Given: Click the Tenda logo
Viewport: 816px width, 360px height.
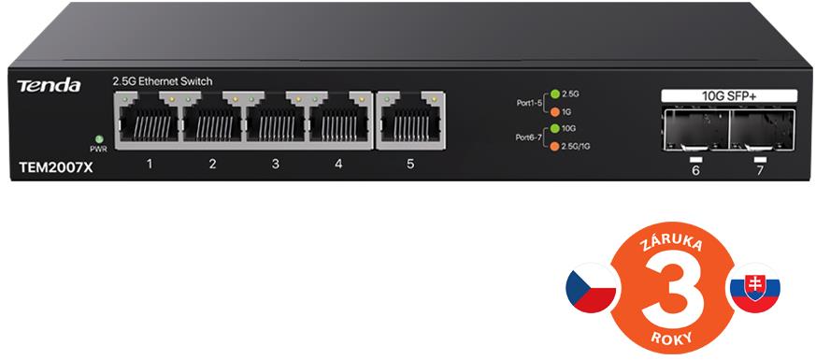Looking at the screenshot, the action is tap(49, 85).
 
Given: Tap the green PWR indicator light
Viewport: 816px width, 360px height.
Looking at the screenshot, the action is tap(98, 139).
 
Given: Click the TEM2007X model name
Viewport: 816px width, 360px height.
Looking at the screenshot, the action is tap(56, 167).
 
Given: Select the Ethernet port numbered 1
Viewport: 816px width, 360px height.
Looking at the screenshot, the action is tap(149, 119).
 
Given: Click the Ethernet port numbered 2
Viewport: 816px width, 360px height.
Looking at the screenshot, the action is tap(212, 119).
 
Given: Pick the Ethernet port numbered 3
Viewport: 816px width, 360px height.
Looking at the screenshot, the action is tap(276, 119).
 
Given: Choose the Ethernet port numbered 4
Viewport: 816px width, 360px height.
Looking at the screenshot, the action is tap(339, 119).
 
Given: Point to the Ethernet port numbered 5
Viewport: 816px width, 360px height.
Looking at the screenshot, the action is tap(410, 119).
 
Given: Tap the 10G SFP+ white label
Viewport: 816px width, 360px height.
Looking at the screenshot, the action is tap(729, 95).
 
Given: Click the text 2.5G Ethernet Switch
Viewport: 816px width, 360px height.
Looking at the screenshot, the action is tap(163, 81).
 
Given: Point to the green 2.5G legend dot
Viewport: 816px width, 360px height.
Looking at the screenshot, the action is tap(555, 94).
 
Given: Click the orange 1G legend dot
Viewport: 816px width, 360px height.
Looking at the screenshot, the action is tap(555, 111).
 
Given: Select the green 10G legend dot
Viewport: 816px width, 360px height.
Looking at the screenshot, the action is tap(555, 128).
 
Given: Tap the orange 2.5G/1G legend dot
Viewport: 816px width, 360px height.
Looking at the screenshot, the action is tap(555, 146).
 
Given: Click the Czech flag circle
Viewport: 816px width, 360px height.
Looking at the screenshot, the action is tap(591, 288).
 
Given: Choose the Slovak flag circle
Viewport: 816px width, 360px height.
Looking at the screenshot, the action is tap(754, 288).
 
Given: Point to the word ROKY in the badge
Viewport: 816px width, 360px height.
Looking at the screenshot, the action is tap(672, 338).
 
